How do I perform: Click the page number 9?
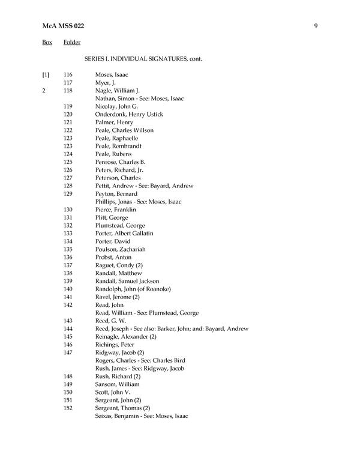pyautogui.click(x=315, y=25)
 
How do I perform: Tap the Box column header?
pyautogui.click(x=47, y=43)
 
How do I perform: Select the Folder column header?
pyautogui.click(x=72, y=43)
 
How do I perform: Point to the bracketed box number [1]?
pyautogui.click(x=46, y=74)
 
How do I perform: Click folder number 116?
pyautogui.click(x=68, y=74)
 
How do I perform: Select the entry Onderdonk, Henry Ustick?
pyautogui.click(x=129, y=114)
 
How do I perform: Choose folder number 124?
pyautogui.click(x=68, y=154)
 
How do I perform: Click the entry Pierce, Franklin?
pyautogui.click(x=115, y=210)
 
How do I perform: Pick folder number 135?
pyautogui.click(x=68, y=249)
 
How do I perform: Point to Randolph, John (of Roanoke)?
pyautogui.click(x=133, y=289)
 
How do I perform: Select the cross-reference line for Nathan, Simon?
pyautogui.click(x=139, y=98)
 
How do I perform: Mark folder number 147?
pyautogui.click(x=68, y=353)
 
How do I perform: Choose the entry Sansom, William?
pyautogui.click(x=117, y=384)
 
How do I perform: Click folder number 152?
pyautogui.click(x=68, y=408)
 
